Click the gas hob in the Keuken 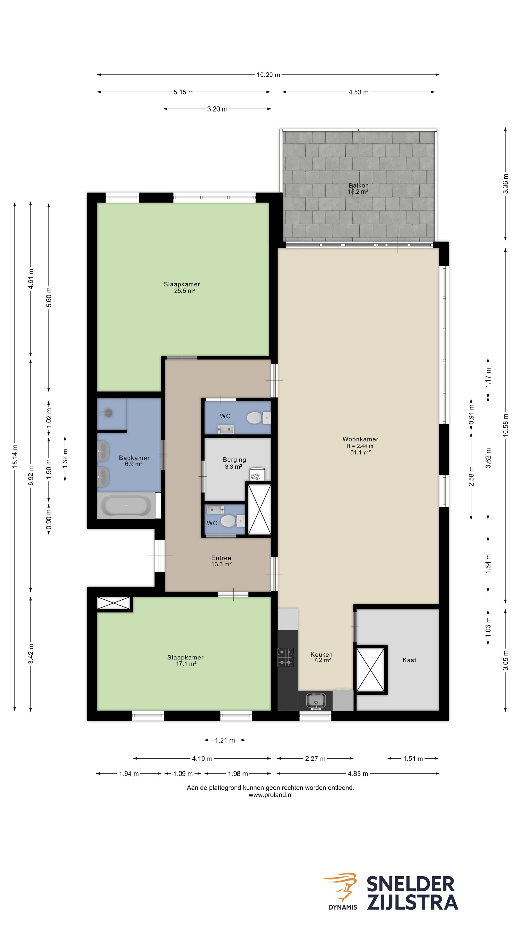[x=286, y=657]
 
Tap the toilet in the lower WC [x=232, y=520]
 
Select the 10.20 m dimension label [x=268, y=75]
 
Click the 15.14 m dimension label [x=15, y=456]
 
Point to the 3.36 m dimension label [x=505, y=184]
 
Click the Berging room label [x=234, y=460]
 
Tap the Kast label [x=409, y=660]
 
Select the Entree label [x=221, y=558]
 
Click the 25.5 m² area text [x=184, y=291]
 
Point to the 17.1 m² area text [x=186, y=664]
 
